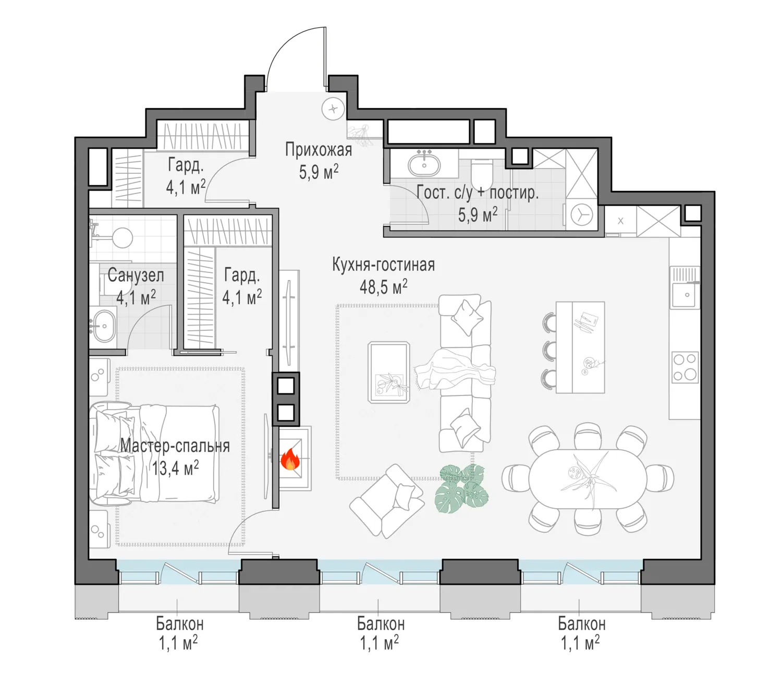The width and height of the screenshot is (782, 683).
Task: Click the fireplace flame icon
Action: (x=290, y=459)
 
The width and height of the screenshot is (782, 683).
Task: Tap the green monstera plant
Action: (x=461, y=488)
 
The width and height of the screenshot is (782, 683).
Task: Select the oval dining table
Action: (x=588, y=479)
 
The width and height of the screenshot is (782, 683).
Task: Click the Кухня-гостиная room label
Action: (x=383, y=265)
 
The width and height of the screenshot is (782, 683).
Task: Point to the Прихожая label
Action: (x=319, y=150)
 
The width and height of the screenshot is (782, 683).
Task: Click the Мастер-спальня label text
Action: (x=175, y=446)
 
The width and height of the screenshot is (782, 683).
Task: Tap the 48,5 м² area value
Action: (x=383, y=286)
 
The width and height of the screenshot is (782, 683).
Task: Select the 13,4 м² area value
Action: (x=176, y=468)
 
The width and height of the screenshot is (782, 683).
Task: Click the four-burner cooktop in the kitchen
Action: (x=686, y=367)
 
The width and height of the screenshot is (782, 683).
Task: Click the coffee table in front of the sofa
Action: (x=389, y=372)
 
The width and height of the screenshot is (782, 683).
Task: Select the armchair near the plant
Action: (x=387, y=500)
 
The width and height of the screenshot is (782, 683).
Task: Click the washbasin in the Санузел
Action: (x=104, y=326)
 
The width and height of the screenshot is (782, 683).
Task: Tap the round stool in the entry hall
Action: (x=333, y=110)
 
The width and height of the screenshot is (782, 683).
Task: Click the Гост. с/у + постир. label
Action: (x=478, y=193)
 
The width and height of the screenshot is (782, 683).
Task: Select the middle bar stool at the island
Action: (x=548, y=351)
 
